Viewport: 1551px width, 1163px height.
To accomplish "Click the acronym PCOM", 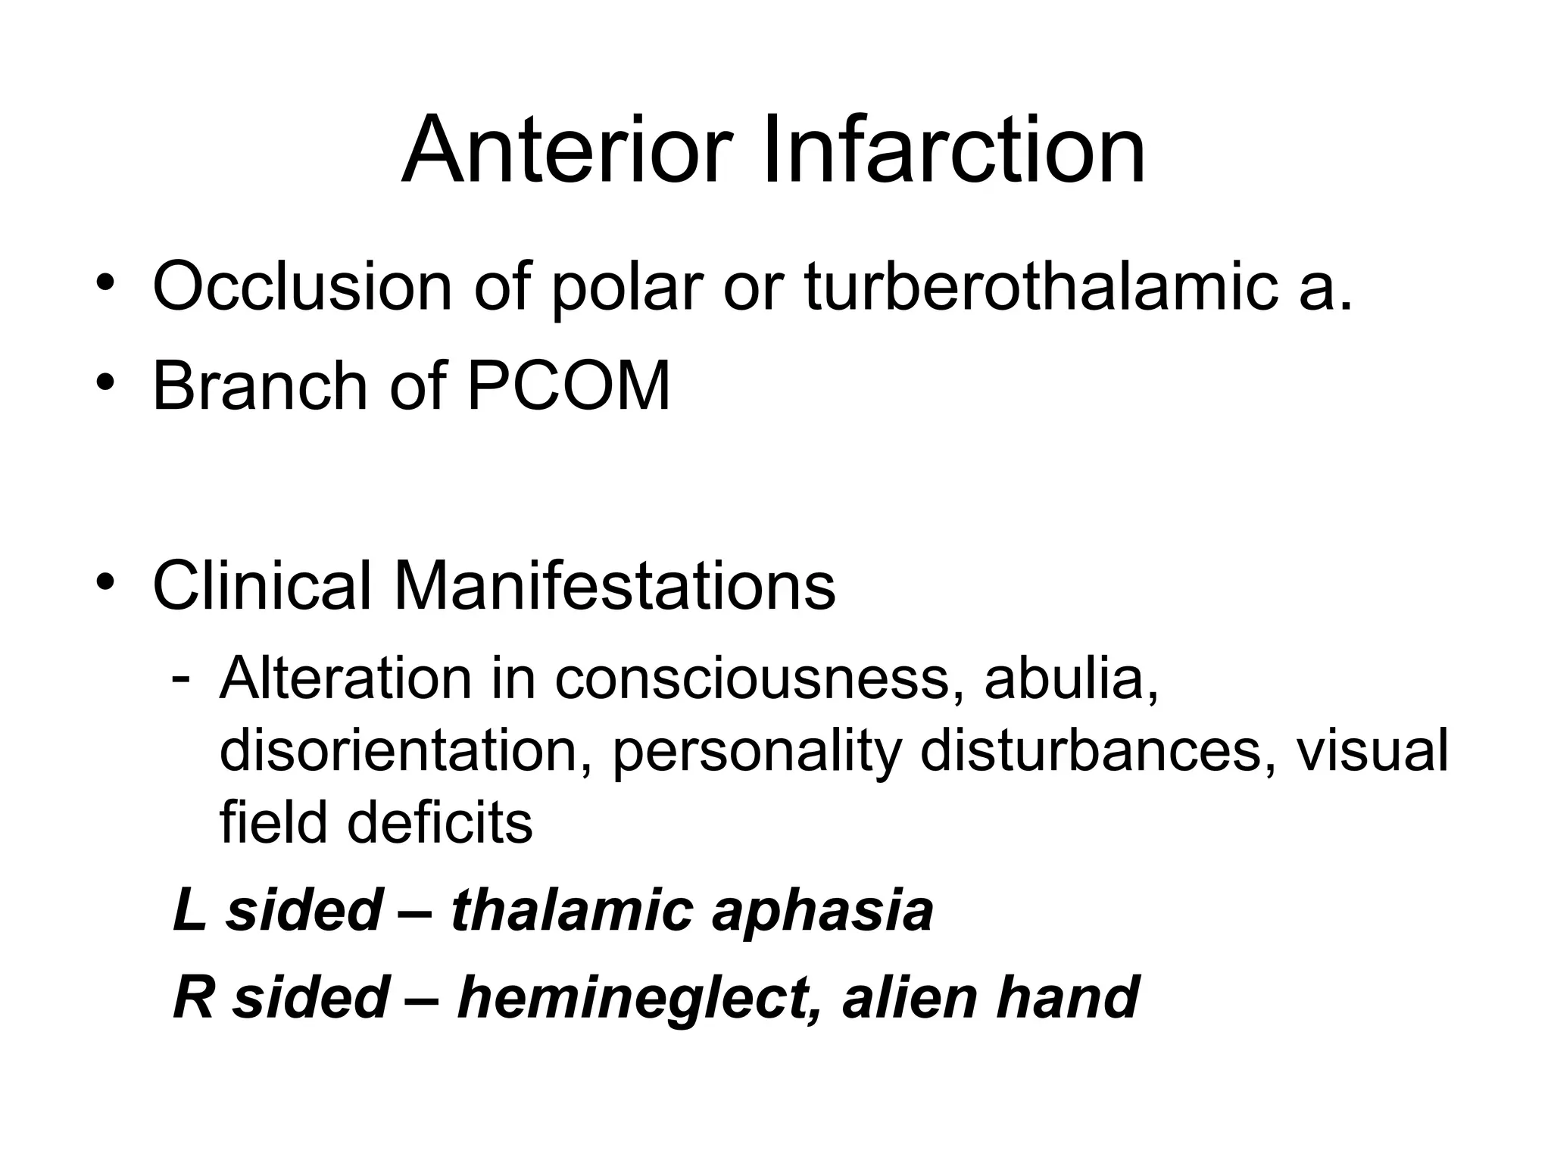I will click(569, 387).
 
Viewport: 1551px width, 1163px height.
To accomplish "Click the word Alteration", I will click(345, 678).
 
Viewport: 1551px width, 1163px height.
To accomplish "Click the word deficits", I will click(440, 822).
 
